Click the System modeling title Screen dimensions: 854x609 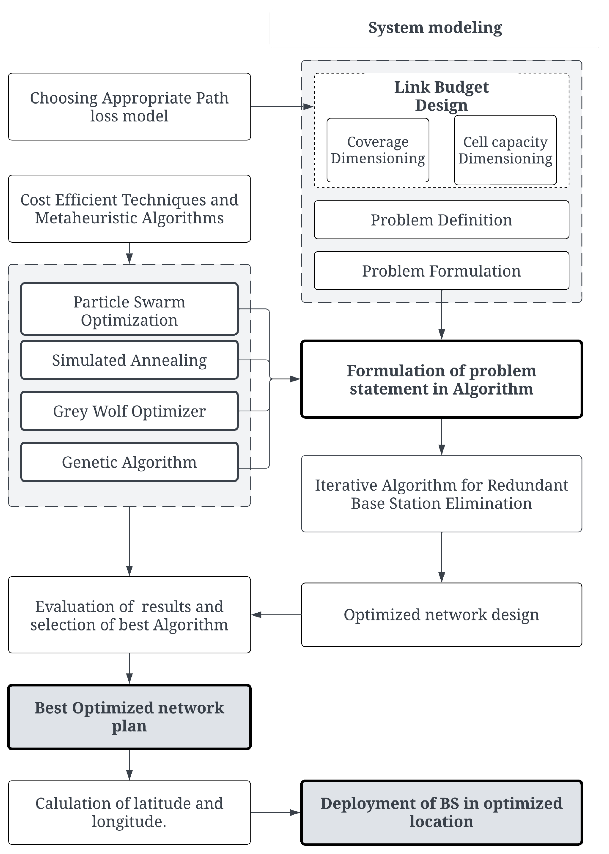pos(435,28)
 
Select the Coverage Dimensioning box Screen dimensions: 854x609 pos(378,150)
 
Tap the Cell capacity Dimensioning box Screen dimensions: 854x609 pos(505,150)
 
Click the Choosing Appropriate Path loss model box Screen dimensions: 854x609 pos(129,107)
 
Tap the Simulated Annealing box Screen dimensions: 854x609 pos(129,360)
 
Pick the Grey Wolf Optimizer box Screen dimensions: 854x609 pos(129,411)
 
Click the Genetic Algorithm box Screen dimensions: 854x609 pos(129,462)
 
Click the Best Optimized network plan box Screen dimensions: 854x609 pos(129,717)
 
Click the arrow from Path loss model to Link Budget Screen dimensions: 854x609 pos(281,107)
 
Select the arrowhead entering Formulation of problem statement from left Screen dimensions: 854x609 pos(295,379)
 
